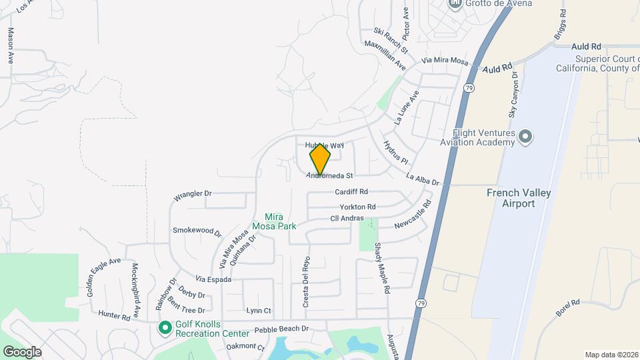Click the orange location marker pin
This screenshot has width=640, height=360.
click(x=320, y=158)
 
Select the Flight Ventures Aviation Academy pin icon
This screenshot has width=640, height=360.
click(x=525, y=137)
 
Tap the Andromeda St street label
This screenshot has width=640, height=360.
click(x=329, y=176)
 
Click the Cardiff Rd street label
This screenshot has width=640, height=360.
click(x=351, y=191)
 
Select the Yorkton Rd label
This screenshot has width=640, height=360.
click(x=357, y=207)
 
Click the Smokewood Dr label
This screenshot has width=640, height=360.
click(x=197, y=231)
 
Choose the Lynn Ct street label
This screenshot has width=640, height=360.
click(x=259, y=311)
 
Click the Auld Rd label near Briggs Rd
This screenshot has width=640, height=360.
click(x=587, y=47)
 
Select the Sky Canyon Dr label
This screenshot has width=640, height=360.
click(x=513, y=96)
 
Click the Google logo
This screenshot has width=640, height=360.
click(x=22, y=351)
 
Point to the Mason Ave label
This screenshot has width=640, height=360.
click(x=11, y=45)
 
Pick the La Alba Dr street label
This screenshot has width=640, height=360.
click(x=423, y=179)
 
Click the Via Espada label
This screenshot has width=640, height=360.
click(x=213, y=279)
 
